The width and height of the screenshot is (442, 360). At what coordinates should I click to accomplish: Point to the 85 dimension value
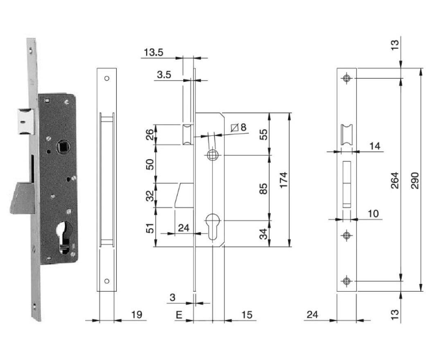click(264, 188)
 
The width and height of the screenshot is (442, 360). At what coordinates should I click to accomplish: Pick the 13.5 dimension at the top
click(154, 52)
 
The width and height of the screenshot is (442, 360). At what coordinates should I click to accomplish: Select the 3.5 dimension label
click(164, 74)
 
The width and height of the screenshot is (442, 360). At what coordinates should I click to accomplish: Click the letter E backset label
click(178, 315)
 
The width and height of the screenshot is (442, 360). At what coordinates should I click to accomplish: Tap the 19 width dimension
click(137, 315)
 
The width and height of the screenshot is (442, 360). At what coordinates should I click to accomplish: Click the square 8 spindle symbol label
click(239, 128)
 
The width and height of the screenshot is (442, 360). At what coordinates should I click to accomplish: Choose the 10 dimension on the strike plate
click(373, 213)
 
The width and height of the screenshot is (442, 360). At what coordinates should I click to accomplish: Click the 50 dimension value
click(150, 164)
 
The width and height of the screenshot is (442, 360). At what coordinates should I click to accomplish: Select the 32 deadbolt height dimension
click(150, 195)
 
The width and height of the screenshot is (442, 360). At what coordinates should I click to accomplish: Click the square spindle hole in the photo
click(64, 145)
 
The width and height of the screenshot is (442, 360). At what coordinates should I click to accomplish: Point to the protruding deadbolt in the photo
click(23, 198)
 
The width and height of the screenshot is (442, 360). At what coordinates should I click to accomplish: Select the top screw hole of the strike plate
click(347, 78)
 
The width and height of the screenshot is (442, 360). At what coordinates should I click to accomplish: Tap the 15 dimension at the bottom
click(246, 315)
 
